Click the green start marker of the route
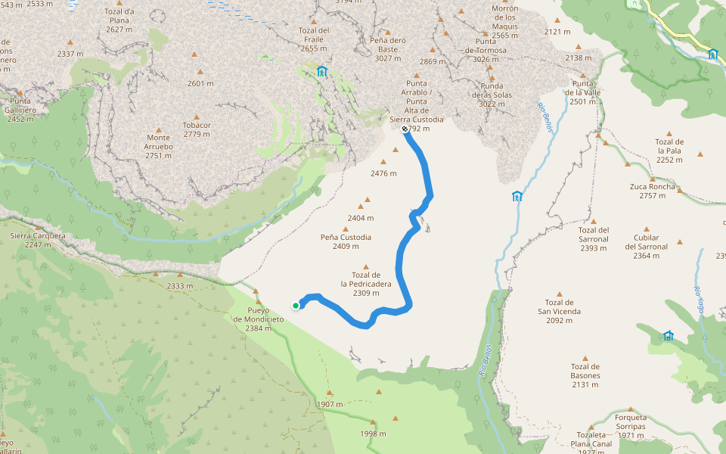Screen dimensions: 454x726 coord(295,305)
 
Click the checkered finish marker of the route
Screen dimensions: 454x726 coord(405,129)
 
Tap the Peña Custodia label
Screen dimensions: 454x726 coord(346,241)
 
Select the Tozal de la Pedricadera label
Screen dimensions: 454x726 coord(365,284)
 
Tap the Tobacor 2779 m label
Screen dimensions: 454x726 coord(197,129)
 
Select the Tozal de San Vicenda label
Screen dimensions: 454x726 coord(560,311)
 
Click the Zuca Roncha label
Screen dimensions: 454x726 coord(652,191)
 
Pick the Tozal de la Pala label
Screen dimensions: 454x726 coord(669,151)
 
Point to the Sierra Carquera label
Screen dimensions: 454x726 coord(38,240)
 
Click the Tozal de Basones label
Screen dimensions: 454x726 coord(585,375)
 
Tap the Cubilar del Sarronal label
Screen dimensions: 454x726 coord(647,241)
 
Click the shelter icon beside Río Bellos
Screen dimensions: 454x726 coord(517,197)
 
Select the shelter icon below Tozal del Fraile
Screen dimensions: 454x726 coord(322,71)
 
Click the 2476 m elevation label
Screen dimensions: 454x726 coord(384,173)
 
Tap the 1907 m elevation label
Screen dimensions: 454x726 coord(330,404)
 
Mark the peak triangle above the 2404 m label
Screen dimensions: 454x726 coord(368,201)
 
